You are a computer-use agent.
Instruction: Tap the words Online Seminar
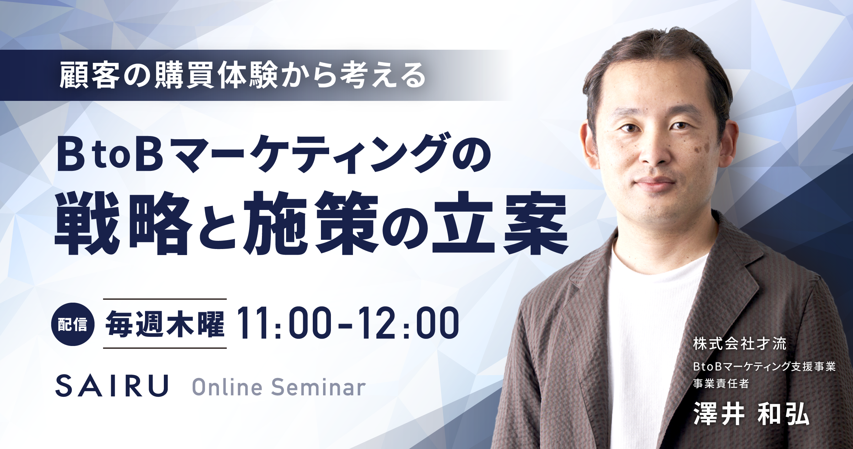coord(279,387)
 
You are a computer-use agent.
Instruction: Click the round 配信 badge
coord(73,324)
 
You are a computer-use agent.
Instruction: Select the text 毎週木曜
coord(165,324)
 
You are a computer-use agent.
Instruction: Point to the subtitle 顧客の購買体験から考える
coord(242,76)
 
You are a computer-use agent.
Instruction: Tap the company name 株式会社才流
coord(740,344)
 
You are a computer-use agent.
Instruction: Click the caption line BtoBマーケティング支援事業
coord(764,367)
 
